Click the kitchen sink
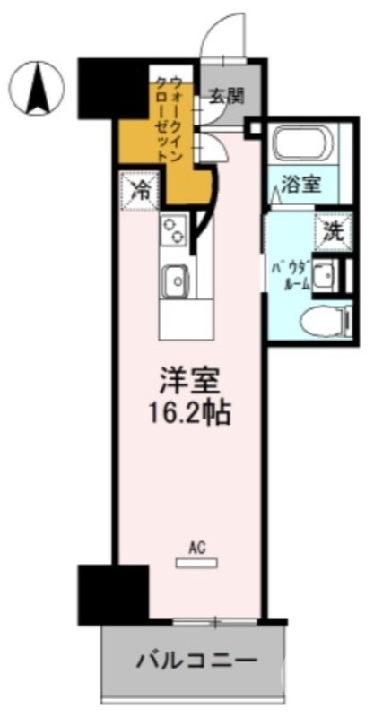(x=176, y=281)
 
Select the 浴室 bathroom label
(x=298, y=189)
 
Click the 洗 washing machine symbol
(x=331, y=229)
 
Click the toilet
(x=322, y=320)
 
